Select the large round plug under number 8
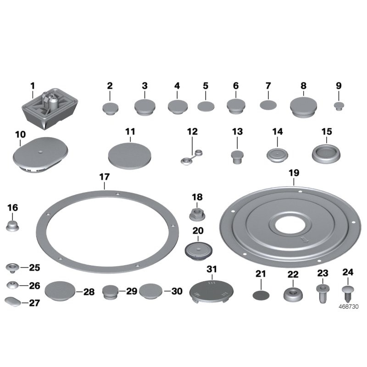coord(303,106)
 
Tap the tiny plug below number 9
coord(339,106)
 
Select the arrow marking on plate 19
coord(303,240)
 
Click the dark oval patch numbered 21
coord(261,294)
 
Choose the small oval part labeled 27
coord(12,303)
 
